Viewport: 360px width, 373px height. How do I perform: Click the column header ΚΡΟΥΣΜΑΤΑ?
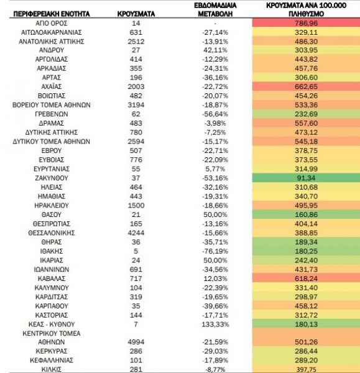pos(136,14)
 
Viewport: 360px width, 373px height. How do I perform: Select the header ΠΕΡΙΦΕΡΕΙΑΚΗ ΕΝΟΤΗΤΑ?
pos(52,14)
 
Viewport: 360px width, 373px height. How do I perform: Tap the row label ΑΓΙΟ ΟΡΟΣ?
pos(52,24)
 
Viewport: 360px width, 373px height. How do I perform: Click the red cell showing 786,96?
pos(306,23)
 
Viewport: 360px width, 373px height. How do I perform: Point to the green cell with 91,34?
pos(306,178)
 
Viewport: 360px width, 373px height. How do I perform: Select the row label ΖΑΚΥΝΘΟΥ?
pos(52,178)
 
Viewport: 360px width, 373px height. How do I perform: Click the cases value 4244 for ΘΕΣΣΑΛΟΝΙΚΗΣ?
pos(136,233)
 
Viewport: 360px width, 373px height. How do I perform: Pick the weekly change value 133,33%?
pos(215,325)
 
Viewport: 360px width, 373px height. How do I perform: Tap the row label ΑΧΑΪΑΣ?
pos(52,86)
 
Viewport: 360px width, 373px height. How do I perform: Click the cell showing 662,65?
pos(306,86)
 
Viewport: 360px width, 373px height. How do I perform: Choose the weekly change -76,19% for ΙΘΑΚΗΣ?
pos(215,251)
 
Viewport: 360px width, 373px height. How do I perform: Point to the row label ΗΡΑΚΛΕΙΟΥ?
pos(52,206)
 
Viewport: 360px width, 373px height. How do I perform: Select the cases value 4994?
pos(136,342)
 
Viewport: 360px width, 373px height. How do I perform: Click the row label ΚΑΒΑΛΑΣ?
pos(52,279)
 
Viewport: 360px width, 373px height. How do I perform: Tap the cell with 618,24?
pos(306,279)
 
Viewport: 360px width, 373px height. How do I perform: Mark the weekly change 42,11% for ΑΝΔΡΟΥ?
pos(215,50)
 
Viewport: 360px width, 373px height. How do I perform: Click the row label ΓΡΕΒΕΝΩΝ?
pos(52,114)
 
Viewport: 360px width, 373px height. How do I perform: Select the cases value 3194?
pos(136,105)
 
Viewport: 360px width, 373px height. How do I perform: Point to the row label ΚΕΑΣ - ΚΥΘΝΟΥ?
pos(52,325)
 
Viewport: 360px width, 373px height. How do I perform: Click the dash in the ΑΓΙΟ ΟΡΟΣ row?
pos(215,24)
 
